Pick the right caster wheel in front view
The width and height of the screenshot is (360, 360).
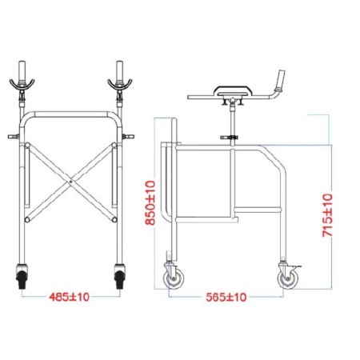[x=121, y=279]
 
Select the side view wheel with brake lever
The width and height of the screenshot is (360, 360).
[x=286, y=279]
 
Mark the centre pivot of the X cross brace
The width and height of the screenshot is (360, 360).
[x=71, y=182]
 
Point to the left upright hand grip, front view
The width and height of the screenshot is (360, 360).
[x=22, y=68]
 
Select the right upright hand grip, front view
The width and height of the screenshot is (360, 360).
[x=120, y=68]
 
